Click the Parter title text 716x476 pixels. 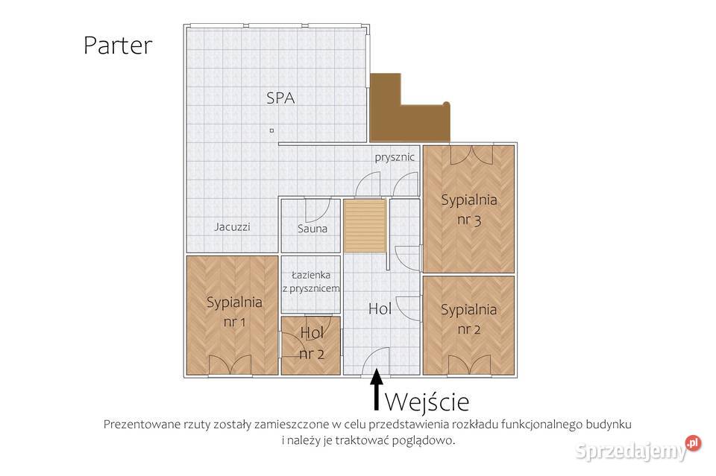(x=118, y=45)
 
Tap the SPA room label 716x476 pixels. (x=280, y=98)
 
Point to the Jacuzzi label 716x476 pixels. (x=233, y=226)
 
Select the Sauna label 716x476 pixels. (x=313, y=229)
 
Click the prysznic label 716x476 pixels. (x=395, y=158)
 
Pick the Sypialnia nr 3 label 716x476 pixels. (x=469, y=210)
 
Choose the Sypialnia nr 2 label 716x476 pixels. (x=468, y=319)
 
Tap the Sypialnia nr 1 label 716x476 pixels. (x=234, y=312)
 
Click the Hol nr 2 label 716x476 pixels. (x=312, y=343)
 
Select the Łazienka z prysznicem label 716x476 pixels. (x=310, y=282)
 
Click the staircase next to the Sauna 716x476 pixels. (x=365, y=226)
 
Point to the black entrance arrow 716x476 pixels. (x=376, y=389)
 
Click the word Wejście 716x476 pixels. (x=427, y=402)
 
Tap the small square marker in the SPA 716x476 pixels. (x=271, y=130)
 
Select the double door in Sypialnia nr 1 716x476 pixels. (x=230, y=365)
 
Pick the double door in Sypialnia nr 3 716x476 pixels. (x=471, y=155)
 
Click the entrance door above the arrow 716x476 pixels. (x=376, y=361)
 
